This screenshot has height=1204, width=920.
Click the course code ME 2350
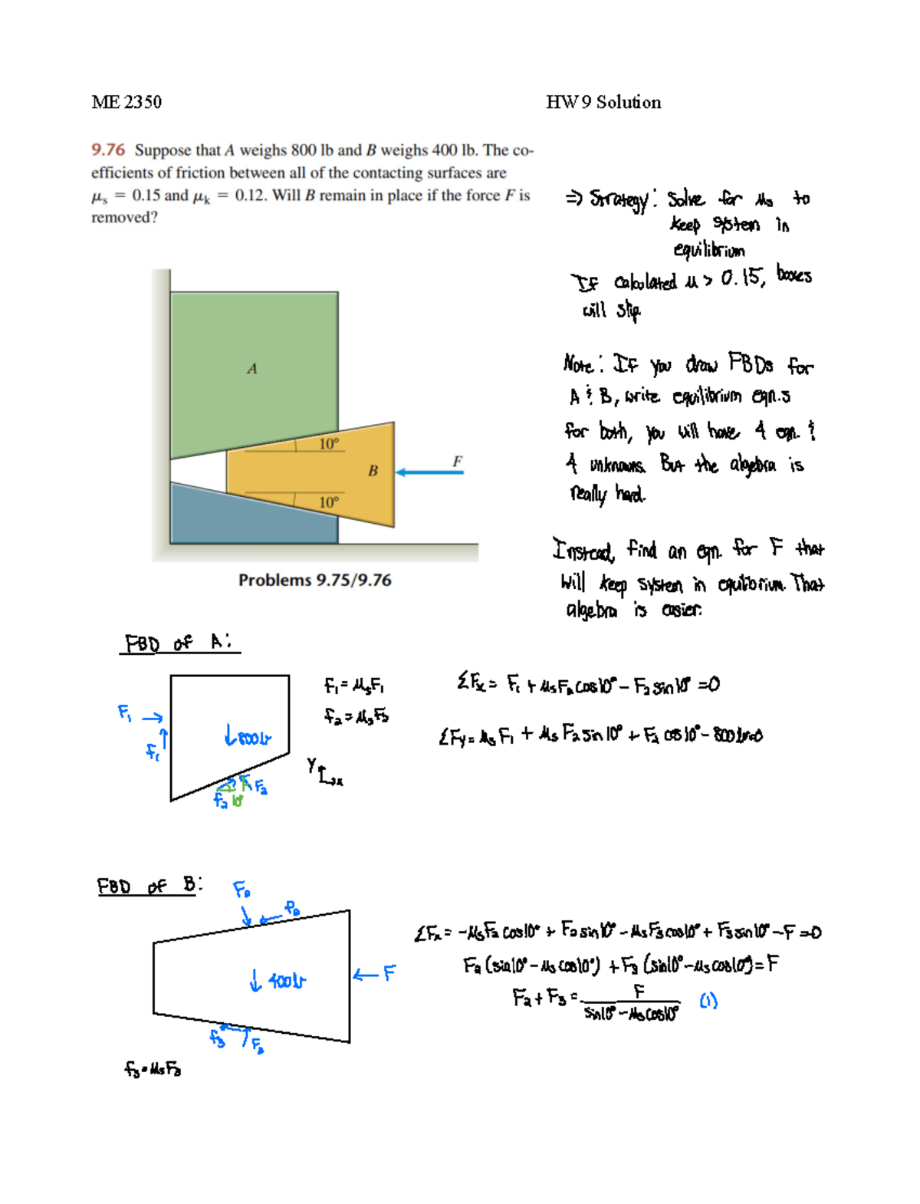click(x=127, y=102)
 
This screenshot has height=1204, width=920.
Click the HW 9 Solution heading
click(x=603, y=102)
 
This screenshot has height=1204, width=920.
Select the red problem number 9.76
click(x=108, y=150)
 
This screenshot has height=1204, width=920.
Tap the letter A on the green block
click(x=251, y=369)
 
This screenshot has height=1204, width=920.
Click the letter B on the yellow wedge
click(x=373, y=471)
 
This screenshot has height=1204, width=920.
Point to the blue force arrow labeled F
click(x=429, y=472)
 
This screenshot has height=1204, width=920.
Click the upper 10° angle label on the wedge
click(x=329, y=444)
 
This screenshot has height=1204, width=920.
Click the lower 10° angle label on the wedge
click(x=328, y=502)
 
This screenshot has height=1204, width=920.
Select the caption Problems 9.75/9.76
click(x=314, y=581)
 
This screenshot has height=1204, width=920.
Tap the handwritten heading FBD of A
click(x=179, y=643)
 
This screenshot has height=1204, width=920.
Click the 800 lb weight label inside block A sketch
click(x=248, y=738)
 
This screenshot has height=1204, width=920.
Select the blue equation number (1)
click(x=708, y=1001)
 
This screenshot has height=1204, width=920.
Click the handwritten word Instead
click(x=583, y=550)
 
